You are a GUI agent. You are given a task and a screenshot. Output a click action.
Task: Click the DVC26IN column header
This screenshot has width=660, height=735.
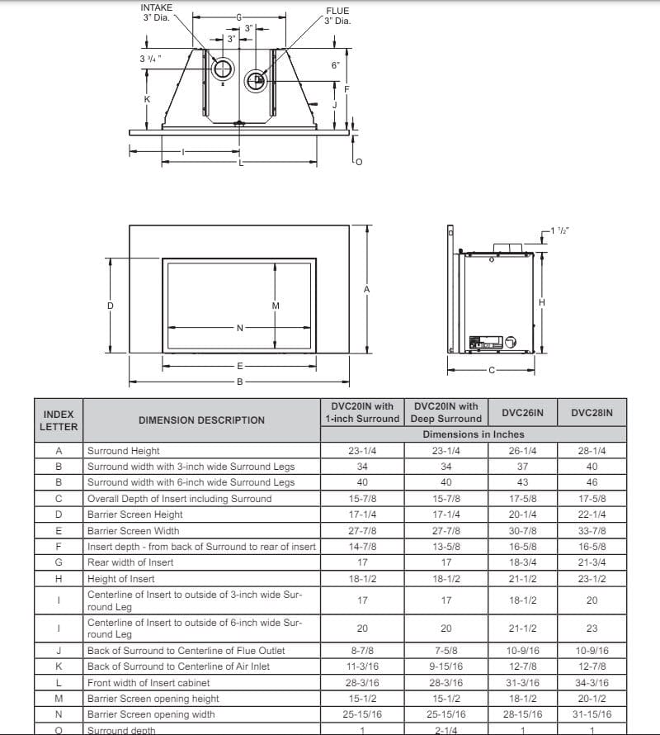click(522, 412)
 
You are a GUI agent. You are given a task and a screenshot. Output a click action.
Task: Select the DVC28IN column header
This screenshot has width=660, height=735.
click(592, 412)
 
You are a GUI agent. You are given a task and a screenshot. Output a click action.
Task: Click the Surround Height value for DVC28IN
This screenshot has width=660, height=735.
click(592, 451)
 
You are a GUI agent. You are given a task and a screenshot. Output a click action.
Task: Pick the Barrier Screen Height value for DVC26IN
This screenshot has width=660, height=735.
click(522, 514)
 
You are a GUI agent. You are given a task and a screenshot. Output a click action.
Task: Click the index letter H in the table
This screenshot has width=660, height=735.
click(59, 579)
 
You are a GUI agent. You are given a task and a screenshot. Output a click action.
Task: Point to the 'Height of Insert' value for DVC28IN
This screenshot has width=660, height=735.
click(592, 579)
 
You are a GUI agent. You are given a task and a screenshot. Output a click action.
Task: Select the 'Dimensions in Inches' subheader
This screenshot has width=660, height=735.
click(474, 434)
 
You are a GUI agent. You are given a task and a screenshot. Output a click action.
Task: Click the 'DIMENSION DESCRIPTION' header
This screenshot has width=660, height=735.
click(201, 420)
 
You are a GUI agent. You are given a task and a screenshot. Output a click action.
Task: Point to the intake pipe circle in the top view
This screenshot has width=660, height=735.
click(223, 71)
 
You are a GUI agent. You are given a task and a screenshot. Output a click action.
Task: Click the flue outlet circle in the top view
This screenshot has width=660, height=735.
click(256, 80)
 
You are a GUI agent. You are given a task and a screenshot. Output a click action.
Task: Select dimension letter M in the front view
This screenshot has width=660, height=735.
click(276, 306)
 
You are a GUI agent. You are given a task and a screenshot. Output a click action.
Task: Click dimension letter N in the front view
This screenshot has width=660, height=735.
click(240, 328)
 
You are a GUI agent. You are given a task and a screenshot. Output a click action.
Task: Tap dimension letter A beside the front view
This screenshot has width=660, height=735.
click(366, 289)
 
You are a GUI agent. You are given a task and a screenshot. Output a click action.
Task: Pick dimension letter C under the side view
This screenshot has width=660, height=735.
click(493, 371)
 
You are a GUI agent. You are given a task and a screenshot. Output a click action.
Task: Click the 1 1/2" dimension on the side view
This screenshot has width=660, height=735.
click(559, 230)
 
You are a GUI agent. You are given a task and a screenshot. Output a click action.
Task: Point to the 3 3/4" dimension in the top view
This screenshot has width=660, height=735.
click(150, 59)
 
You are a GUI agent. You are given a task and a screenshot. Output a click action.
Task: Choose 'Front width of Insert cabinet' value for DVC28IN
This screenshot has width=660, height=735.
click(592, 683)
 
